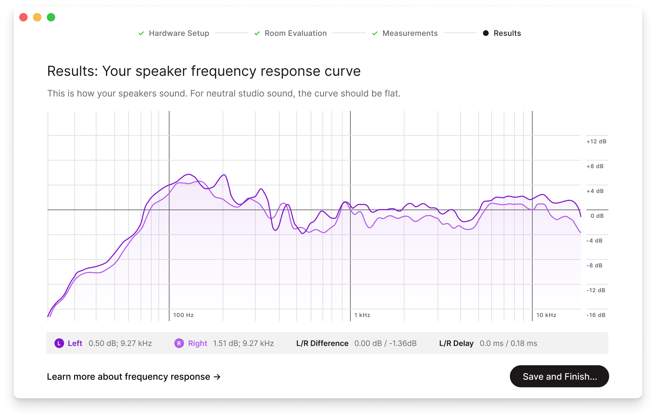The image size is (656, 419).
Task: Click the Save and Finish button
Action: (x=559, y=376)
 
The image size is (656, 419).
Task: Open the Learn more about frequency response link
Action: (x=133, y=377)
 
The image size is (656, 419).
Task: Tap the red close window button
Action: (x=23, y=17)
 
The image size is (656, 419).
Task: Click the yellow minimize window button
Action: (x=37, y=17)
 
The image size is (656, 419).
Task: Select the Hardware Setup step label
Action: (x=179, y=33)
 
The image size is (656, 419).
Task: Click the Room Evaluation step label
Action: (x=295, y=33)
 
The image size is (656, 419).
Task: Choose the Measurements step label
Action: (x=410, y=33)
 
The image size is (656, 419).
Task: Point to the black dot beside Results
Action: (x=486, y=33)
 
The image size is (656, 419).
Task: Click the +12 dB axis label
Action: (x=596, y=142)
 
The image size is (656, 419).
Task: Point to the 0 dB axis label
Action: (x=597, y=216)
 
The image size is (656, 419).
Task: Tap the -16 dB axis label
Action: (x=596, y=315)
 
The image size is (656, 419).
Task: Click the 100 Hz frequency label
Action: (x=183, y=315)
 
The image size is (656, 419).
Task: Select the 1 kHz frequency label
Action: (x=362, y=315)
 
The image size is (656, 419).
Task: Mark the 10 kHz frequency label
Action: (x=546, y=315)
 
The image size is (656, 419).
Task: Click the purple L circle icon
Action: (x=59, y=343)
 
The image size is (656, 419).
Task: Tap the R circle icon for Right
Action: (x=179, y=343)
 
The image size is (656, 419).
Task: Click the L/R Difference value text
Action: (x=385, y=344)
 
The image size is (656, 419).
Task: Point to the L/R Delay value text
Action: (x=508, y=344)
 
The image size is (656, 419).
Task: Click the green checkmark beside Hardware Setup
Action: (x=141, y=33)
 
